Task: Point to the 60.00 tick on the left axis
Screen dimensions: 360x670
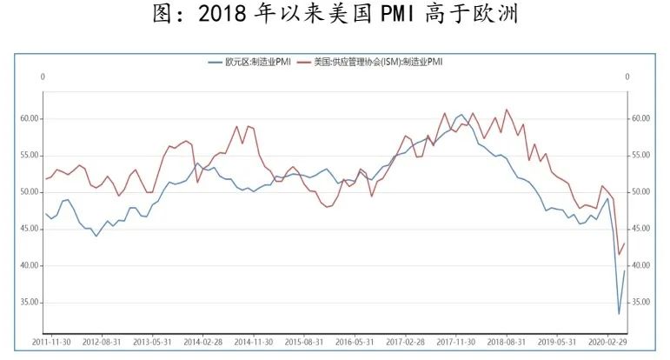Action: click(30, 118)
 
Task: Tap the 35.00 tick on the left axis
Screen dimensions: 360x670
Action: click(30, 303)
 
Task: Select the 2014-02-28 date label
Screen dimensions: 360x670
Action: click(202, 343)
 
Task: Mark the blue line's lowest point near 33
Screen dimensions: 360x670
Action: click(619, 314)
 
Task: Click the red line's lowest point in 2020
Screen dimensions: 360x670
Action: click(619, 254)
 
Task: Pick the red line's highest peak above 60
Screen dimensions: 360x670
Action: click(507, 110)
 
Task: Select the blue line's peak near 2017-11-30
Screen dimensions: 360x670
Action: click(462, 114)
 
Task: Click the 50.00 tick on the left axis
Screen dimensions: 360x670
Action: click(30, 192)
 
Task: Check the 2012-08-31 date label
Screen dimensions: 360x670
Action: click(103, 343)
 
